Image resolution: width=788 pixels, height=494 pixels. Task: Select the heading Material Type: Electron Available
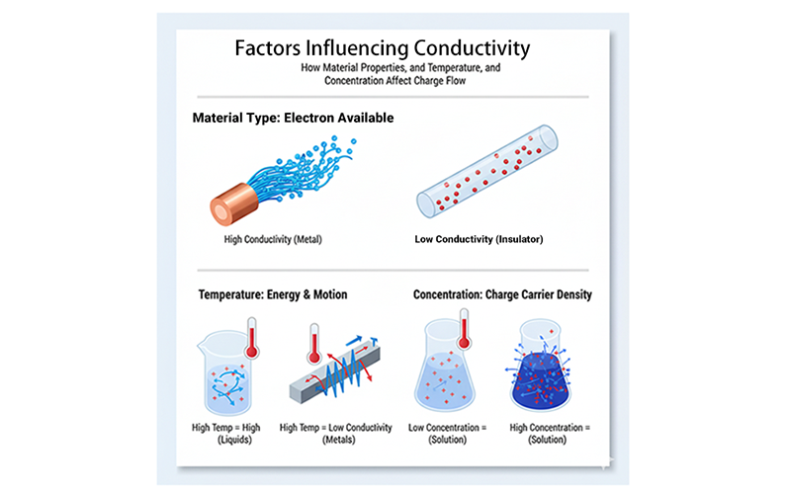click(293, 118)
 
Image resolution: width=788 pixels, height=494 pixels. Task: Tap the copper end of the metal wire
click(229, 203)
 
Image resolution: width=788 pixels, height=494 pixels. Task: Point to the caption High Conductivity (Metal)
click(274, 238)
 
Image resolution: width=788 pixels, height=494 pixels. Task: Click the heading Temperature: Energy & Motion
click(272, 294)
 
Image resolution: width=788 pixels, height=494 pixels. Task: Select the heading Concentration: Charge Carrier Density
click(500, 294)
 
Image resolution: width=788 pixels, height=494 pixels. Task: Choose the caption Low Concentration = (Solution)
click(448, 433)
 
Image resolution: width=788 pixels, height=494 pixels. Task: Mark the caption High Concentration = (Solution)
click(549, 433)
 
